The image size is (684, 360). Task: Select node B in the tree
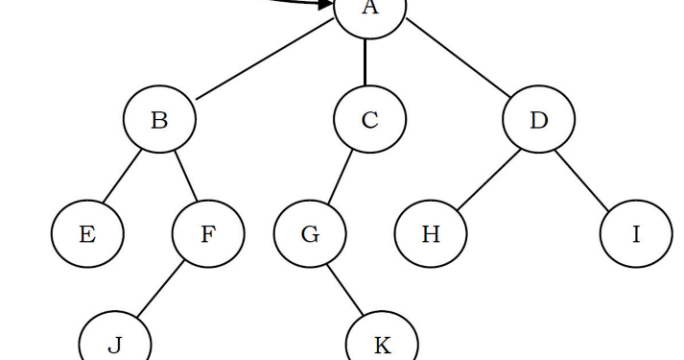pos(159,120)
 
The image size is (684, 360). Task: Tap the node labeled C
pos(369,120)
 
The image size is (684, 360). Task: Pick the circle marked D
pos(538,120)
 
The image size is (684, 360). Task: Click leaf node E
pos(87,233)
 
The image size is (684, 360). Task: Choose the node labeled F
pos(208,233)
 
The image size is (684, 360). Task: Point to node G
pos(310,233)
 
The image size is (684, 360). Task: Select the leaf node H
pos(431,233)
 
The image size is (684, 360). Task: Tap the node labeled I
pos(636,233)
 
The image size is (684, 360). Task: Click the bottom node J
pos(114,344)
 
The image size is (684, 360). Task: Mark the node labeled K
pos(382,344)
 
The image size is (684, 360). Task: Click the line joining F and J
pos(160,289)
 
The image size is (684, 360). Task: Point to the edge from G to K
pos(346,289)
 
